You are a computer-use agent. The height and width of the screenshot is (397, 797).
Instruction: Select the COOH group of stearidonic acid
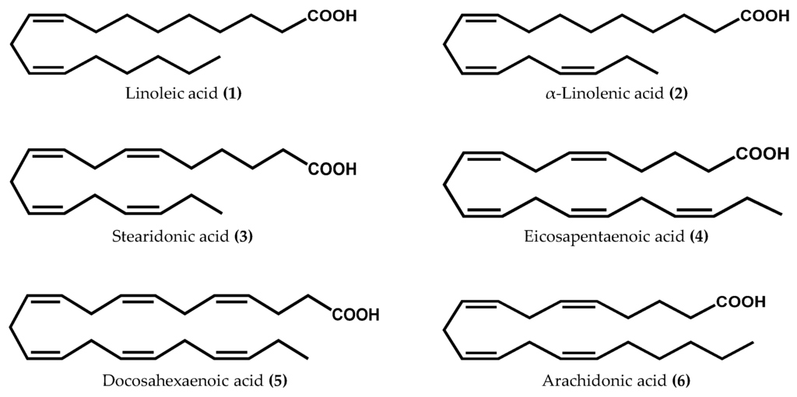[x=332, y=168]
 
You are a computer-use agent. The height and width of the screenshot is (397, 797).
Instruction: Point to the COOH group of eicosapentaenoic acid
[x=763, y=155]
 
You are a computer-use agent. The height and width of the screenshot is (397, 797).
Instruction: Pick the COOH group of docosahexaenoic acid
[x=355, y=315]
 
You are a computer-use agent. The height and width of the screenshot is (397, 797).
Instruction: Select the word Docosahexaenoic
[x=154, y=381]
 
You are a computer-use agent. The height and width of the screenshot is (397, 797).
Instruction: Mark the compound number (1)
[x=233, y=95]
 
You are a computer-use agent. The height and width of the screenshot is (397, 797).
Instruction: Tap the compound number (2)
[x=677, y=95]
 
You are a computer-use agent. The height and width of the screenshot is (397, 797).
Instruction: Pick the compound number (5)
[x=278, y=381]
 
